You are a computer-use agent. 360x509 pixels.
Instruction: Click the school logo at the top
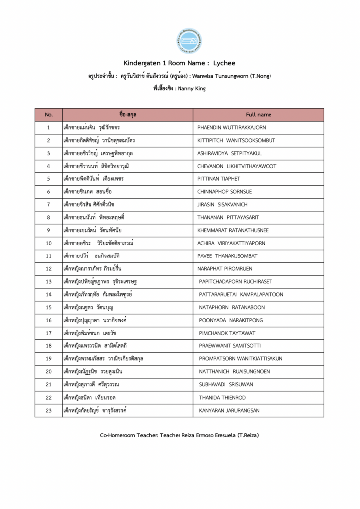point(189,41)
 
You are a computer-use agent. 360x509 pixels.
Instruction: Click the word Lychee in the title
point(224,63)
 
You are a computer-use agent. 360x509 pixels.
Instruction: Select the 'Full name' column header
point(259,115)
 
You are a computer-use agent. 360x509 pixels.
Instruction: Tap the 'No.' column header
point(49,115)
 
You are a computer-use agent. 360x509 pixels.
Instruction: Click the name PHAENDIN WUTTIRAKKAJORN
point(232,128)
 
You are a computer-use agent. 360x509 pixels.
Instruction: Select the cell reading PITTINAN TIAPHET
point(219,179)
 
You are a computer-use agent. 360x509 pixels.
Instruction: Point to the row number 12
point(49,269)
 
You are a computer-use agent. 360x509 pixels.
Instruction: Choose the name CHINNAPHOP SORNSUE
point(225,192)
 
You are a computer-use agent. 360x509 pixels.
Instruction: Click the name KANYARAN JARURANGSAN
point(229,411)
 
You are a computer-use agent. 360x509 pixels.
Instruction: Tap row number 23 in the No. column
point(49,411)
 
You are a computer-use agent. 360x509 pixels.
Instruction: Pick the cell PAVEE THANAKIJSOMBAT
point(227,256)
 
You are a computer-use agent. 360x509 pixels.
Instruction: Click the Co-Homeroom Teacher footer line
point(180,435)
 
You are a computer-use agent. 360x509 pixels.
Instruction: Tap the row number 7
point(49,205)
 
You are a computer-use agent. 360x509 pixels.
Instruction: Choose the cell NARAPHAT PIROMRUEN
point(225,269)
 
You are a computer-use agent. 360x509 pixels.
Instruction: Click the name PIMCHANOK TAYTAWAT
point(227,333)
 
